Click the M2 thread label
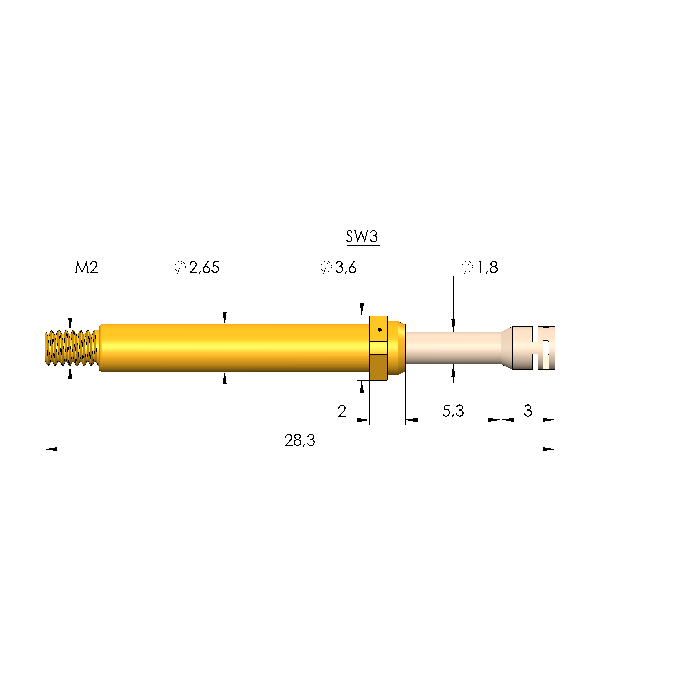86,267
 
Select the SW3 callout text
362,237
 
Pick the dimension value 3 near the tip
527,411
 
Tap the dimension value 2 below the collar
342,411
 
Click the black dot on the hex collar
379,329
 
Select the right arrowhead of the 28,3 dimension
549,449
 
